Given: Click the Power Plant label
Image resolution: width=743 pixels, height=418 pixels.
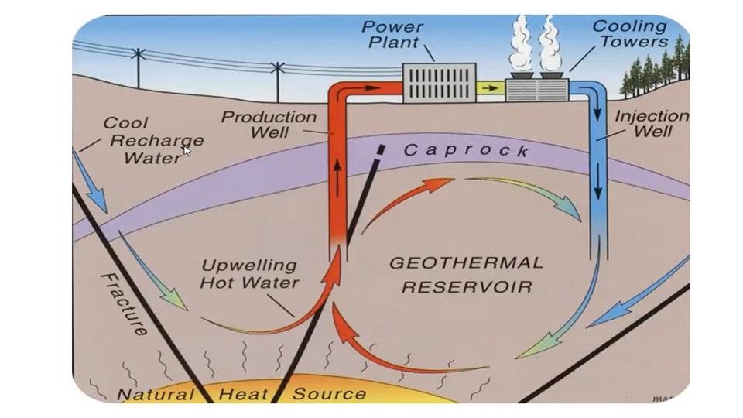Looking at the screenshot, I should pyautogui.click(x=392, y=35).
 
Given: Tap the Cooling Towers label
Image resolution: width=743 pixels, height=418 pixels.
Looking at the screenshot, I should pyautogui.click(x=629, y=34).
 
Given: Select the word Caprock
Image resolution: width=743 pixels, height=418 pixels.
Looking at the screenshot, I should pyautogui.click(x=466, y=150).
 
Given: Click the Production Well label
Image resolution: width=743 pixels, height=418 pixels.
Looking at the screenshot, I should pyautogui.click(x=269, y=125).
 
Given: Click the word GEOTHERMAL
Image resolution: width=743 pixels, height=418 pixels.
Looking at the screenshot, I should pyautogui.click(x=465, y=263).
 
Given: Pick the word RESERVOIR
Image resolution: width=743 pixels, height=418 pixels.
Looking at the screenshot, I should pyautogui.click(x=467, y=286).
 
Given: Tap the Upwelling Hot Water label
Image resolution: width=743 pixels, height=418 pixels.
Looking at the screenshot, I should pyautogui.click(x=249, y=274).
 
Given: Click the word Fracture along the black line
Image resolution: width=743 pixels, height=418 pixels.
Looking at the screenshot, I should pyautogui.click(x=125, y=304).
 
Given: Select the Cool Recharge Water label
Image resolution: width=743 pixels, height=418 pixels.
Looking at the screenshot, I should pyautogui.click(x=153, y=140).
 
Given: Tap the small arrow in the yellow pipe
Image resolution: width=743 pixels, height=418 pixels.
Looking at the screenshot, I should pyautogui.click(x=489, y=88).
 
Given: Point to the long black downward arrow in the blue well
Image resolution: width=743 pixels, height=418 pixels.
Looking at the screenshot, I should pyautogui.click(x=598, y=166).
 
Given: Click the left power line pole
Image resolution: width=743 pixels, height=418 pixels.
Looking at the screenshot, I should pyautogui.click(x=138, y=67).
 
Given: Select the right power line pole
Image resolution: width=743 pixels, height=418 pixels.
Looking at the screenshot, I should pyautogui.click(x=277, y=81).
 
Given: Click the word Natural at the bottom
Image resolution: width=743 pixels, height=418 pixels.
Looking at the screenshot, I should pyautogui.click(x=155, y=395).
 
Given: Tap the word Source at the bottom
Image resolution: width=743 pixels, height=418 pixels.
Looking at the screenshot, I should pyautogui.click(x=328, y=394).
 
